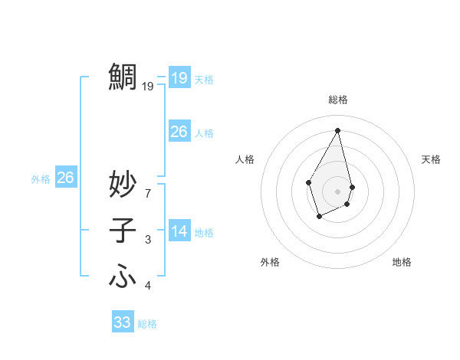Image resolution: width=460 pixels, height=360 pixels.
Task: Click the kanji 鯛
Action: click(123, 77)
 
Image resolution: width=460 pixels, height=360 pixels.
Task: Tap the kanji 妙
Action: click(123, 184)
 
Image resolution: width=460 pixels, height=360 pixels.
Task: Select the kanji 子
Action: click(123, 231)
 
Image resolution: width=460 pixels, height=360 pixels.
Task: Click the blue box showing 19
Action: click(179, 78)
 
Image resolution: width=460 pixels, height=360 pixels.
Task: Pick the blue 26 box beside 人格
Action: click(179, 132)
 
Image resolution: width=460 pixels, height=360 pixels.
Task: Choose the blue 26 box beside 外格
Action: click(65, 178)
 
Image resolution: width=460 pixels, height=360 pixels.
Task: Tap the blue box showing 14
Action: click(179, 231)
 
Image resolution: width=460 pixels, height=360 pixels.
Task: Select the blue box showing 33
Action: click(123, 322)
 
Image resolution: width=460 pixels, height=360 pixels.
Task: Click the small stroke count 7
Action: click(148, 194)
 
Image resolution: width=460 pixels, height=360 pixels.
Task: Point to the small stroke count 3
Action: click(148, 240)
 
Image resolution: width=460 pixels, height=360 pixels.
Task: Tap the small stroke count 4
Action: click(148, 286)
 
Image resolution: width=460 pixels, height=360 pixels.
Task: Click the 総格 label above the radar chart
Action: click(338, 100)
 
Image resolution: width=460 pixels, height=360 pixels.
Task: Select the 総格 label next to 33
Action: click(147, 324)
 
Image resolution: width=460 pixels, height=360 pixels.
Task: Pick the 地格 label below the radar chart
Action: click(402, 262)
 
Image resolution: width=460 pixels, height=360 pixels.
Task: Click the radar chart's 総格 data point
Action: click(338, 129)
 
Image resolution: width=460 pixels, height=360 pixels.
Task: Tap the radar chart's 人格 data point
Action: click(309, 182)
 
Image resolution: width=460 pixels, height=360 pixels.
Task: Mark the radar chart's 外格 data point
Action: click(320, 217)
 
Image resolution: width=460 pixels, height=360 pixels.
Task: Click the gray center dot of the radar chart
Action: click(338, 191)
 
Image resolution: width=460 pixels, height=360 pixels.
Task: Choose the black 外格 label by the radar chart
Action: click(270, 262)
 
